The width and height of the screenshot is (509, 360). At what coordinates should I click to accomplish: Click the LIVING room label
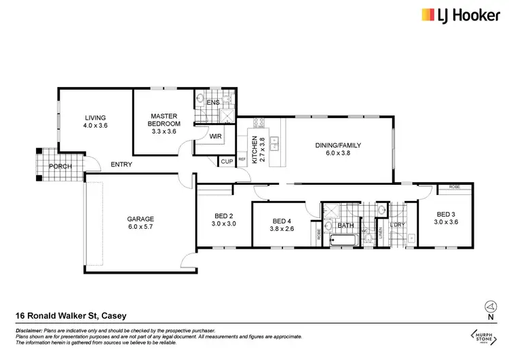pos(94,120)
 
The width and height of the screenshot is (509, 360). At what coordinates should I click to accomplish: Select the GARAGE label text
pos(140,222)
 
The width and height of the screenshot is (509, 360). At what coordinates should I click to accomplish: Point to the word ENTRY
pos(121,164)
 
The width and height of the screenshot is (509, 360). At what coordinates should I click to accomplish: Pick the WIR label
pos(216,137)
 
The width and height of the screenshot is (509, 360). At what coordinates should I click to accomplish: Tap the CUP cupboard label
pos(226,162)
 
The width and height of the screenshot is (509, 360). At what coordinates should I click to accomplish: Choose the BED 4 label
pos(282,225)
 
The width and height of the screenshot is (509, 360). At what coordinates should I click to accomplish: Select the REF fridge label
pos(242,160)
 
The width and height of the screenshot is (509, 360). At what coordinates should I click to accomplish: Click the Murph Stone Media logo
pos(483,336)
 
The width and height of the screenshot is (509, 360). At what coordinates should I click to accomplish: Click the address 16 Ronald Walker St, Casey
pos(71,315)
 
